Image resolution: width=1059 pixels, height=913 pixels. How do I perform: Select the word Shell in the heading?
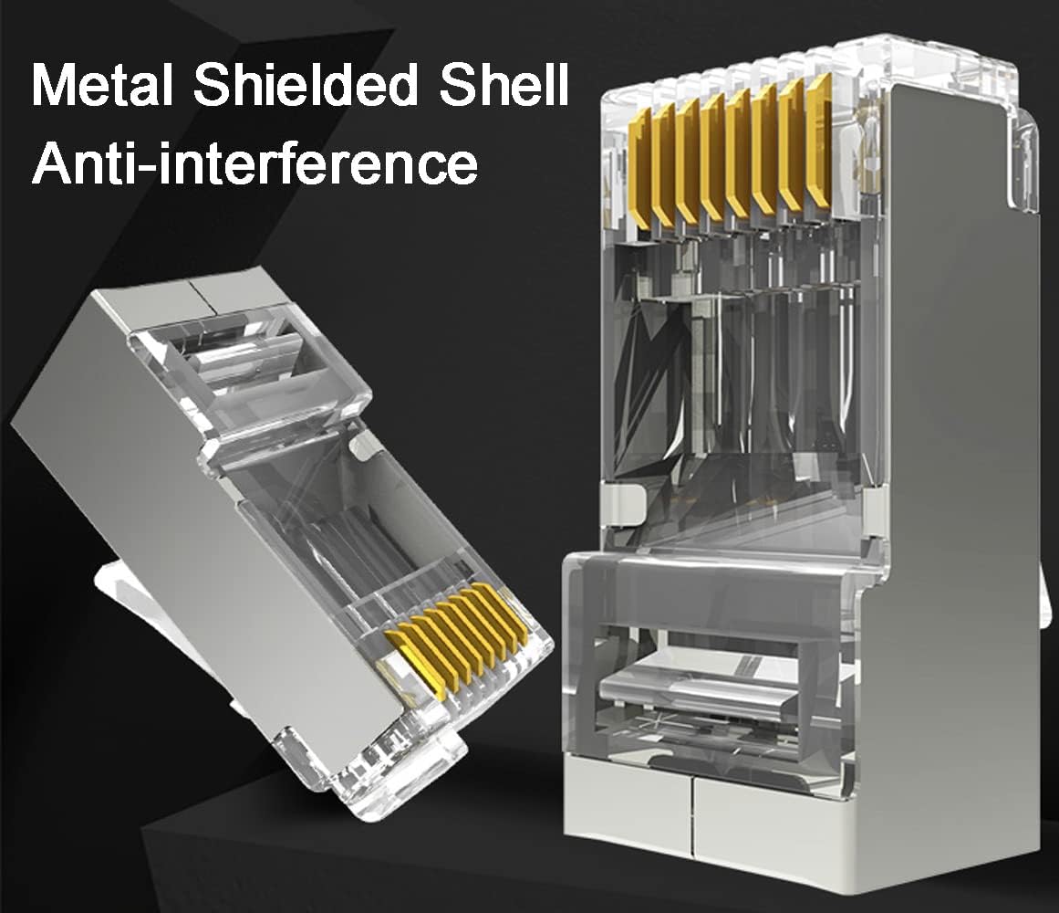point(504,84)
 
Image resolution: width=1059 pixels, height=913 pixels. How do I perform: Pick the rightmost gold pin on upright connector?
point(819,142)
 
